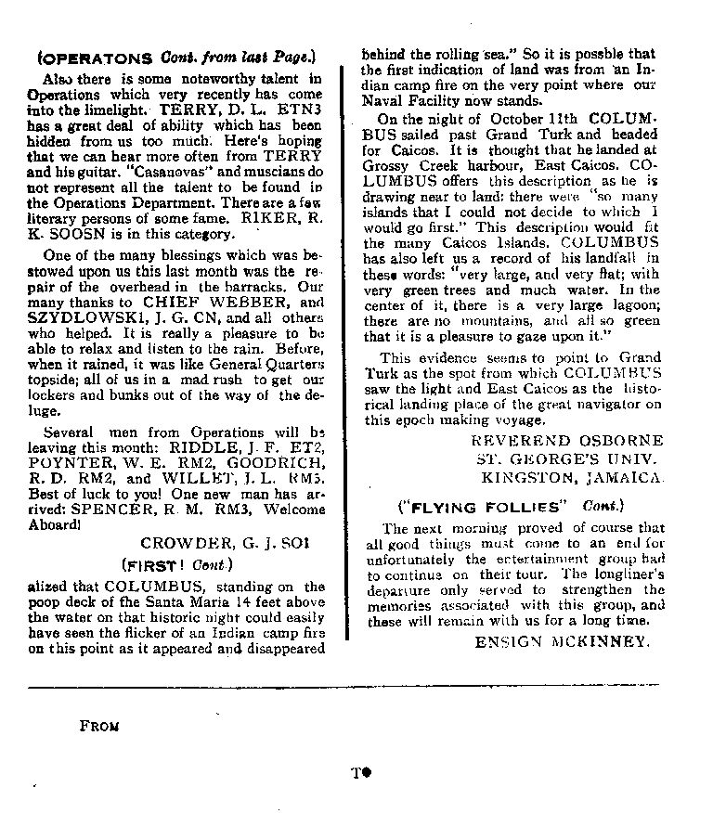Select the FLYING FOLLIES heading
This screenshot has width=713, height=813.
pyautogui.click(x=483, y=507)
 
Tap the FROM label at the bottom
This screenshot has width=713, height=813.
pyautogui.click(x=99, y=726)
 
